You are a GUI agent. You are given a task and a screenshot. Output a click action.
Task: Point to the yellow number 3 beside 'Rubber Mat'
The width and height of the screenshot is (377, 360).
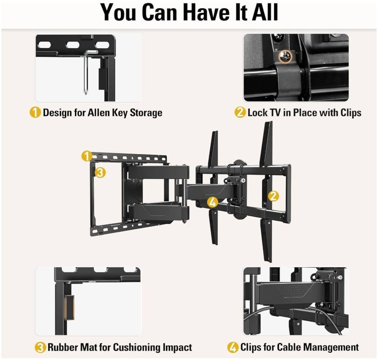pos(41,347)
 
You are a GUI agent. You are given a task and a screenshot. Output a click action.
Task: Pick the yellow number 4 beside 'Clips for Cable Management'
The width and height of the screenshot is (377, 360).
pos(233,347)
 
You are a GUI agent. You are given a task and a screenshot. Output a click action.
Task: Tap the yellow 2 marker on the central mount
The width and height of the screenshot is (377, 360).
pos(273,196)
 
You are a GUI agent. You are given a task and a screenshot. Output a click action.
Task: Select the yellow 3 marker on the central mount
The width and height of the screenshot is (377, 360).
pos(101,172)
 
